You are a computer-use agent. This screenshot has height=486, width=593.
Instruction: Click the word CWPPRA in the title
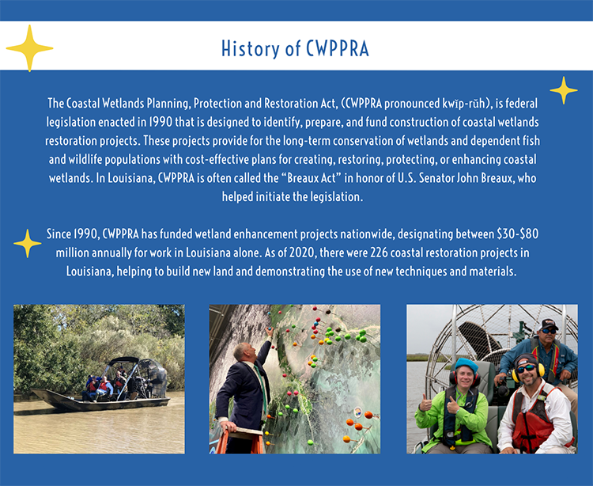click(x=338, y=49)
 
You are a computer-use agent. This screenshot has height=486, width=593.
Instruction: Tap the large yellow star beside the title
click(x=29, y=48)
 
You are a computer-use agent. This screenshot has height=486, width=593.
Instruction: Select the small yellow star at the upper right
click(x=564, y=90)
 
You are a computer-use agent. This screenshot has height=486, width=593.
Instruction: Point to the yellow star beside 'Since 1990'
click(x=28, y=243)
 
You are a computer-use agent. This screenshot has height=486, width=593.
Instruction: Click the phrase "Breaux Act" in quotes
click(x=312, y=178)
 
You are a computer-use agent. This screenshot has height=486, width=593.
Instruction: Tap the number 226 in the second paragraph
click(x=379, y=252)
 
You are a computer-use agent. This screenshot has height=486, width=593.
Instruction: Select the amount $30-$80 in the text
click(x=518, y=234)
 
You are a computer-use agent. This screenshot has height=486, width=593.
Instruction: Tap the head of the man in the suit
click(x=243, y=351)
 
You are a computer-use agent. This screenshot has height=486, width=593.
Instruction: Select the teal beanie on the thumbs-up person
click(x=466, y=366)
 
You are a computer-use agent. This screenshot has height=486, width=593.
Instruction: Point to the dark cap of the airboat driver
click(x=550, y=325)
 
